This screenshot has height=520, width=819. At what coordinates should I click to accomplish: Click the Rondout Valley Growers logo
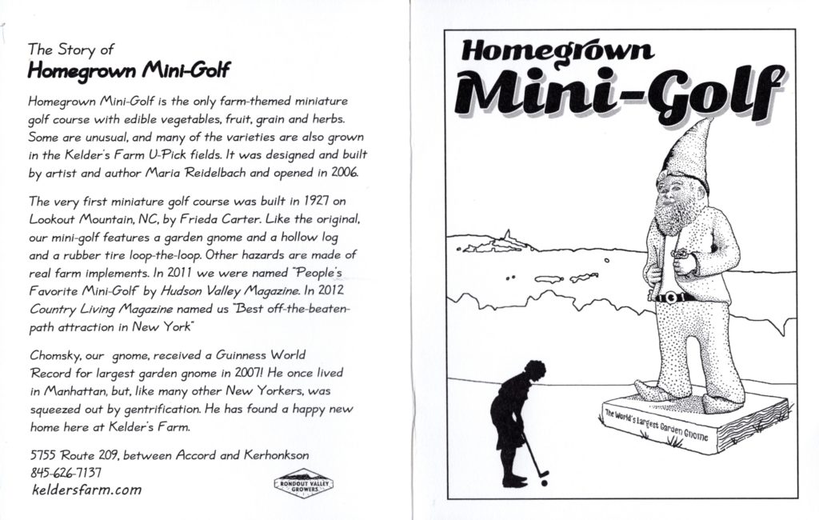pos(303,483)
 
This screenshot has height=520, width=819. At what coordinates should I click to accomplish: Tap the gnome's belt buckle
pos(670,297)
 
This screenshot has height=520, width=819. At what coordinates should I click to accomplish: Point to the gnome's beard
pos(672,214)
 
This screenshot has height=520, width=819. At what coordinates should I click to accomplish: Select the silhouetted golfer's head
pos(534,370)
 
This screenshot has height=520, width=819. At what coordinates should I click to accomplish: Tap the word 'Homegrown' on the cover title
pos(557,53)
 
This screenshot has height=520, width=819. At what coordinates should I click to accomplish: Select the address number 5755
pos(44,454)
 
